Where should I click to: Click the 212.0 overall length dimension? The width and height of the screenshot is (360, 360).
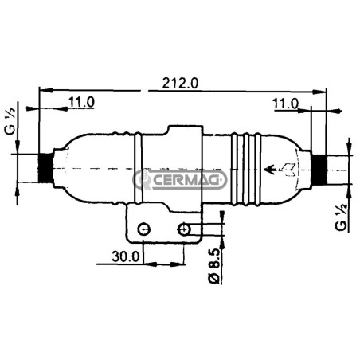[x=180, y=83]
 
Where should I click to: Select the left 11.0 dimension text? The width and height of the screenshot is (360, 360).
[x=81, y=102]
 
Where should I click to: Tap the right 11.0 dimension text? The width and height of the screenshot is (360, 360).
[x=286, y=104]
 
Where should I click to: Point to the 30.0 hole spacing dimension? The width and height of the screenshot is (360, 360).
[x=126, y=256]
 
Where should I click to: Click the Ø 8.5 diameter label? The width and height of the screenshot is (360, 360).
[x=213, y=266]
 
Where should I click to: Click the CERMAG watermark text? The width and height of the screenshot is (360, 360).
[x=186, y=180]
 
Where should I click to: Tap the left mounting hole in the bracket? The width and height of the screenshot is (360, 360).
[x=144, y=229]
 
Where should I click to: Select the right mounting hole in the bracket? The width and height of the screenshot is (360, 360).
[x=184, y=229]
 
